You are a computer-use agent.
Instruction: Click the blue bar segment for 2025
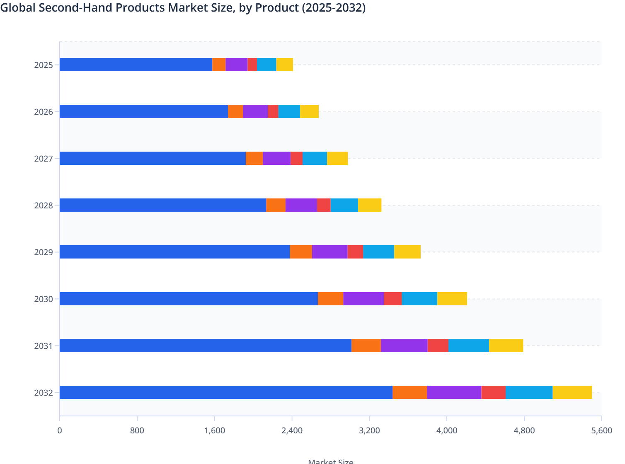[136, 65]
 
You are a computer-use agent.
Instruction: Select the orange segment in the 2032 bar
[409, 392]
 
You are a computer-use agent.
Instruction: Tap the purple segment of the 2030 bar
[363, 299]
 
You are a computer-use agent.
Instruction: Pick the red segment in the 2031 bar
[438, 346]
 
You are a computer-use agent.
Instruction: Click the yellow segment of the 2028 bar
[370, 205]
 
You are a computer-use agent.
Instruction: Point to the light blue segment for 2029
[378, 252]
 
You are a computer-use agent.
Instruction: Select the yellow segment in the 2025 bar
[285, 65]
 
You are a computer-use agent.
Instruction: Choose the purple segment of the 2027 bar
[276, 158]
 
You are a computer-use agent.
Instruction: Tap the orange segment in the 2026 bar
[235, 111]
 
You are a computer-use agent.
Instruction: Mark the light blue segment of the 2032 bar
[529, 392]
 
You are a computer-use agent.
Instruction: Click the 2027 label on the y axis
[44, 159]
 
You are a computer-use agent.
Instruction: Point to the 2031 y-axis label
[44, 346]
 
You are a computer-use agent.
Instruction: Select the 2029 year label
[44, 252]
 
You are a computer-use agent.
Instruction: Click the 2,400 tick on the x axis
[292, 430]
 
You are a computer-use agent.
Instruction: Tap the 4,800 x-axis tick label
[524, 430]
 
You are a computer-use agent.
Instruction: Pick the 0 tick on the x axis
[60, 430]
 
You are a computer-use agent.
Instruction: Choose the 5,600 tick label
[601, 430]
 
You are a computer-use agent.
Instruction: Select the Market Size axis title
[331, 461]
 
